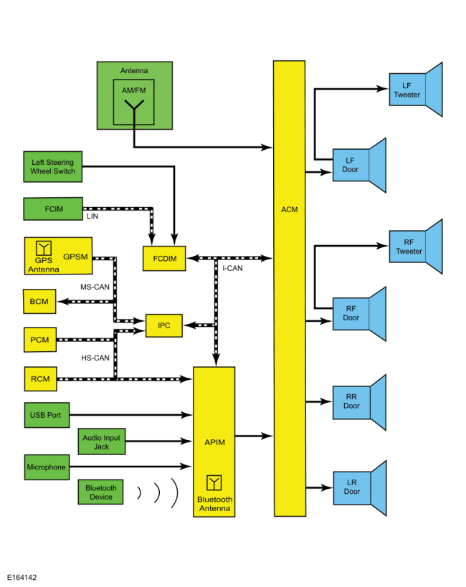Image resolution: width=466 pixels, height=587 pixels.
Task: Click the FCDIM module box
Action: (165, 258)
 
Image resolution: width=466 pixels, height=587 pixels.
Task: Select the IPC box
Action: (163, 325)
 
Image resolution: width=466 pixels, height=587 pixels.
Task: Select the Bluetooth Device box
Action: (100, 492)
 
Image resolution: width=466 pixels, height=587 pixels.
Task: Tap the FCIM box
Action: (53, 209)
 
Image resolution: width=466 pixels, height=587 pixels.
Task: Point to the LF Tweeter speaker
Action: (417, 90)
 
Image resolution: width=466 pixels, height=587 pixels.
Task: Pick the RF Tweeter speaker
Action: (417, 247)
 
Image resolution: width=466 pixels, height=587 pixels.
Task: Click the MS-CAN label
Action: (94, 287)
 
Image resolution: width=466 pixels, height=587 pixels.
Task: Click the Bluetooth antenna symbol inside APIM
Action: (214, 482)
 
